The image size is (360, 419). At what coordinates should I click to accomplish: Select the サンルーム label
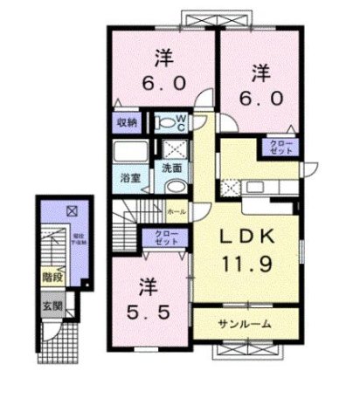[245, 324]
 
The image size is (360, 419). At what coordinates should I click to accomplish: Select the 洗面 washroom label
[172, 167]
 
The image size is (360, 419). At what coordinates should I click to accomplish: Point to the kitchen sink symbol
[260, 186]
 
